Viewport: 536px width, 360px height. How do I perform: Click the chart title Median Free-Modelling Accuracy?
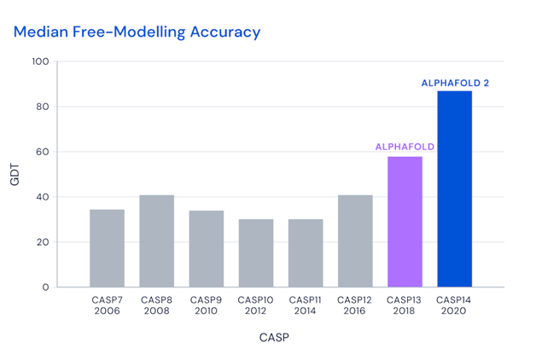[x=137, y=32]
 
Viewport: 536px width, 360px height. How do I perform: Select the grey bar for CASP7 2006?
[x=108, y=248]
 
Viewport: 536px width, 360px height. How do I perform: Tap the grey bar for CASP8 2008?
[x=157, y=241]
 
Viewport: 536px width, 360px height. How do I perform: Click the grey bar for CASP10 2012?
[x=256, y=253]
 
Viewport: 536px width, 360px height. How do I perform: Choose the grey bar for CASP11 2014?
[x=306, y=253]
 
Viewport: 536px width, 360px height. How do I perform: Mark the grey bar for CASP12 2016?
[x=355, y=241]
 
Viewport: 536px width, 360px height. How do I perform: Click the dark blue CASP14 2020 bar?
[x=454, y=189]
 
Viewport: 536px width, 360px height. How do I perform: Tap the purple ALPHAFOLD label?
[x=405, y=147]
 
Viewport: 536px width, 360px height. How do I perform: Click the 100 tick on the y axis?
[x=64, y=61]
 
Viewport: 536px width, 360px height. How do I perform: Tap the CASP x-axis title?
[x=274, y=338]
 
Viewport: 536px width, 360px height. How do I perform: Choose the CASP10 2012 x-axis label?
[x=256, y=305]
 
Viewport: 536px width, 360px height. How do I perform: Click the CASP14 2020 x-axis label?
[x=454, y=305]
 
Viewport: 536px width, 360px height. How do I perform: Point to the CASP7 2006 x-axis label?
[x=108, y=305]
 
